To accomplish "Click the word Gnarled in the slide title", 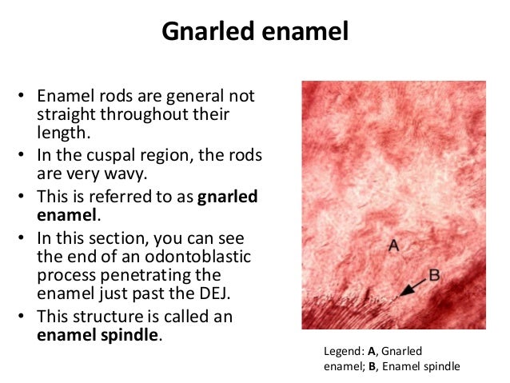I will point(207,32).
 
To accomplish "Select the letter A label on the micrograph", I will point(393,246).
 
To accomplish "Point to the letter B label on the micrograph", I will point(435,275).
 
